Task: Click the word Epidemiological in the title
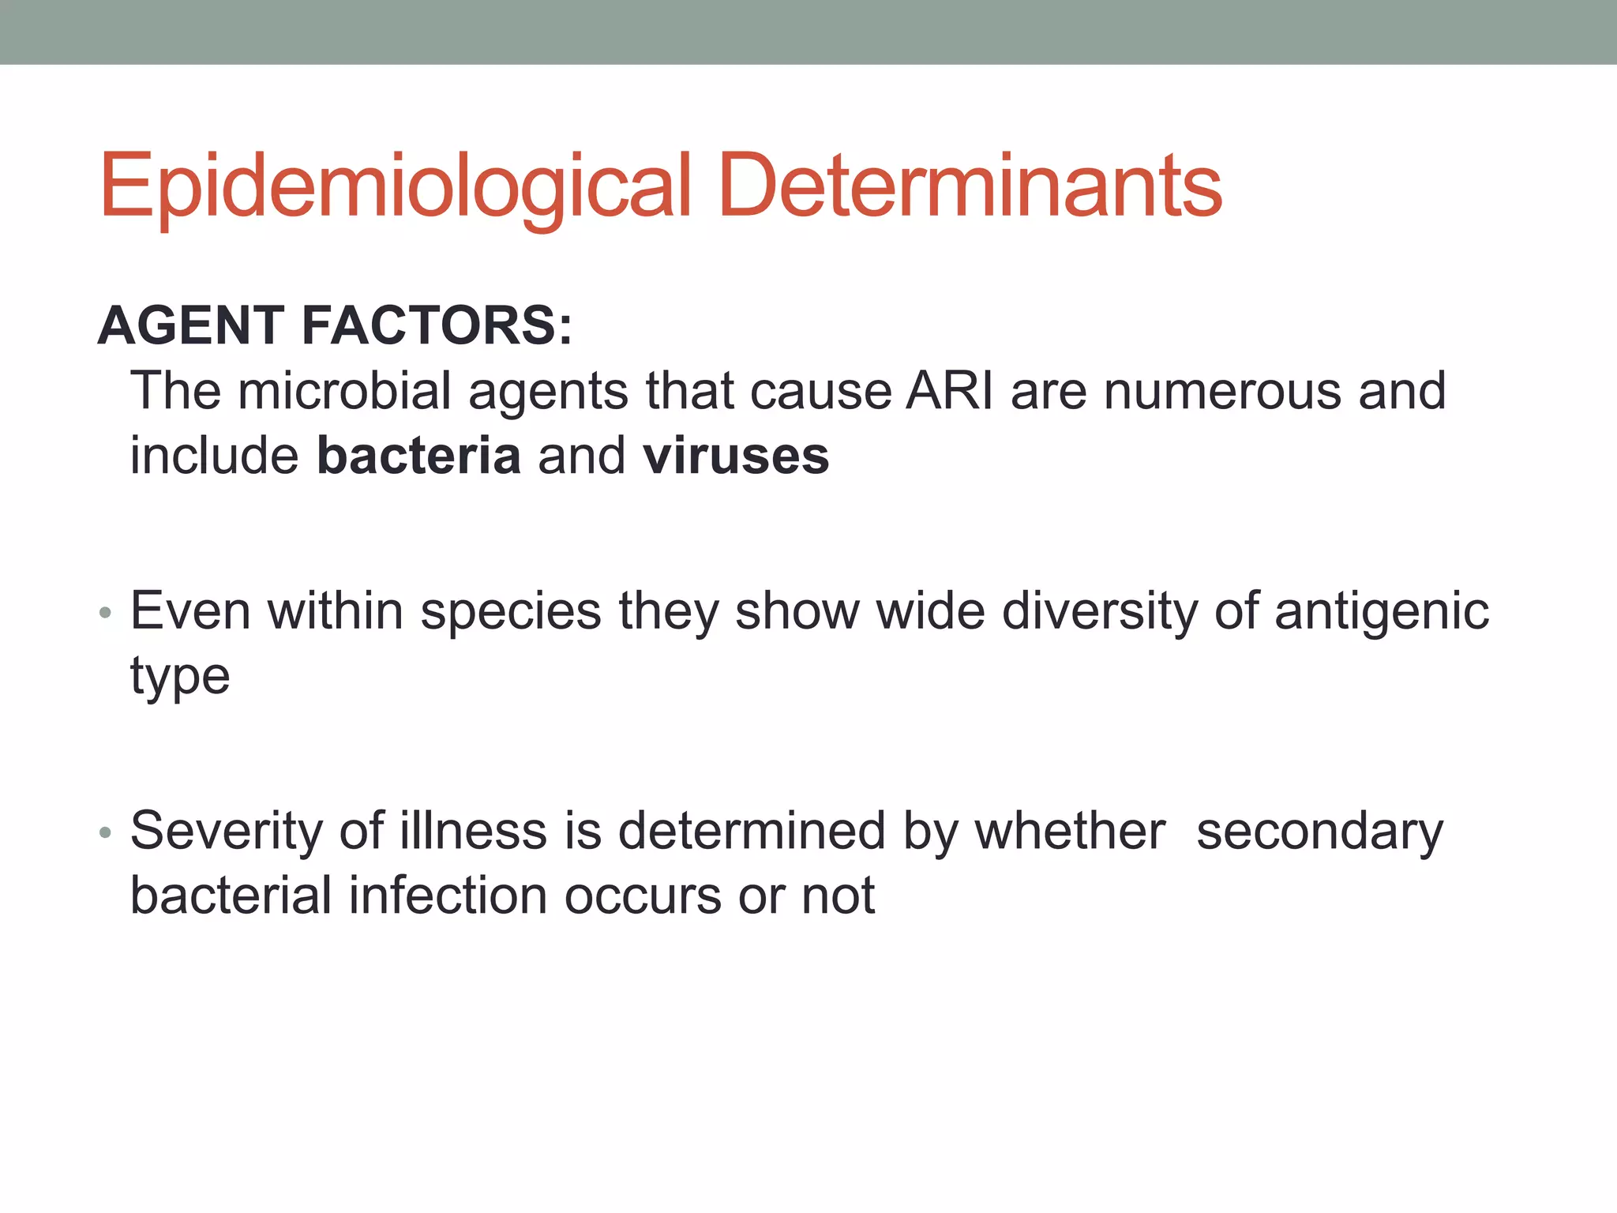click(x=395, y=186)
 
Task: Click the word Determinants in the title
click(x=970, y=186)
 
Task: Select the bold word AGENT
click(x=190, y=325)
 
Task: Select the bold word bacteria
click(x=418, y=456)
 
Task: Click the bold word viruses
click(x=736, y=456)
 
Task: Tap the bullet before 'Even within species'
click(x=106, y=613)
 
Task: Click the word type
click(x=180, y=678)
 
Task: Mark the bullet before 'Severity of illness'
click(x=106, y=832)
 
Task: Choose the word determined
click(x=751, y=831)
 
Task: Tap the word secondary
click(x=1319, y=831)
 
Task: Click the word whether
click(x=1070, y=831)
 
